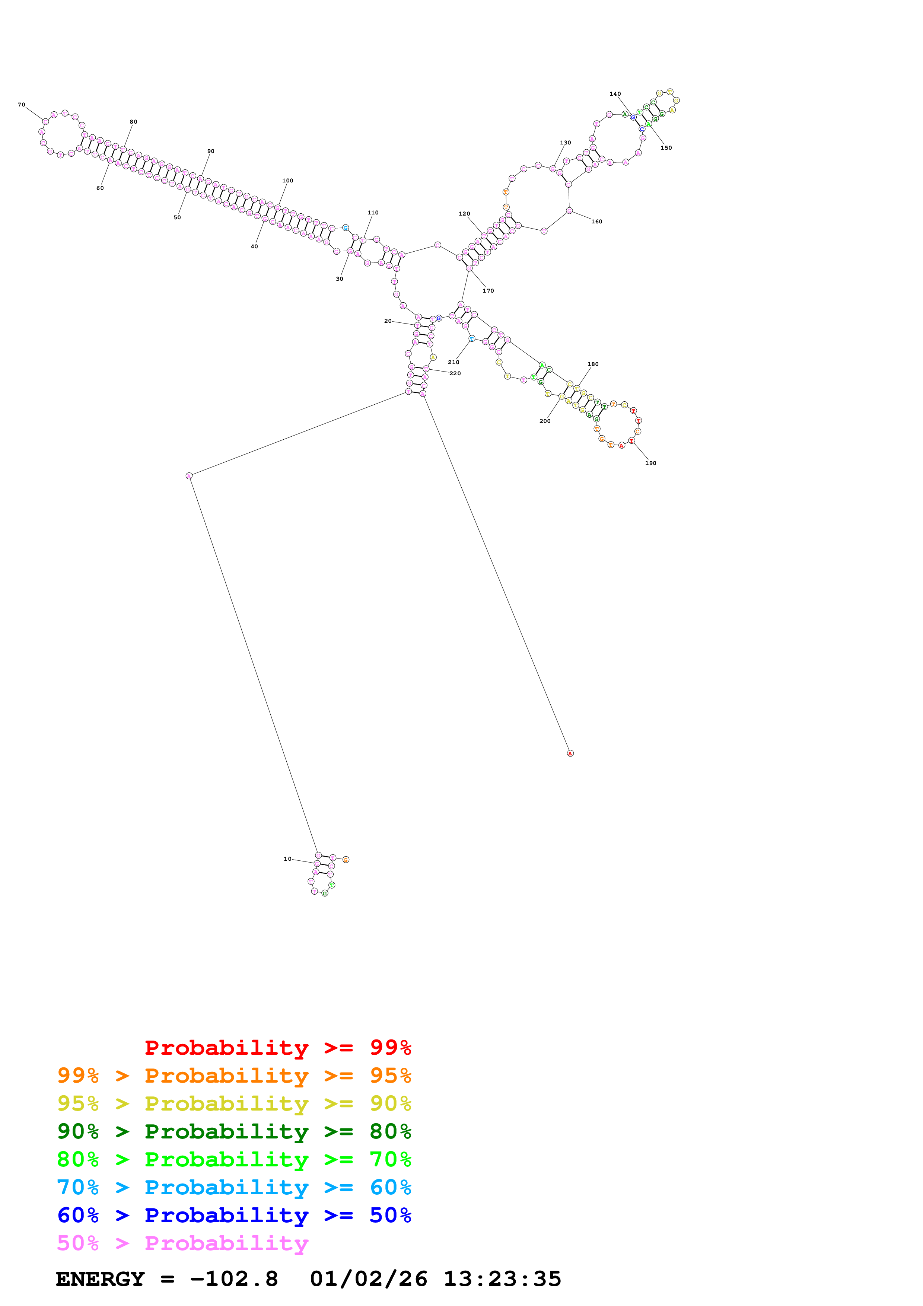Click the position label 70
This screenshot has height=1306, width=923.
tap(22, 105)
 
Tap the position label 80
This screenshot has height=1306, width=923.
tap(133, 122)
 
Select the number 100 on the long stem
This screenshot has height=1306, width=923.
tap(288, 181)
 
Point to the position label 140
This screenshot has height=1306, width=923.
tap(615, 94)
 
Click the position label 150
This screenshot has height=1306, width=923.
tap(666, 148)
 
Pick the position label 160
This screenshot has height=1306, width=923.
tap(596, 222)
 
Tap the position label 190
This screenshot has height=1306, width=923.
tap(650, 463)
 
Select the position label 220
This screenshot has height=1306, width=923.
tap(455, 374)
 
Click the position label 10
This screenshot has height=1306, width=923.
tap(287, 859)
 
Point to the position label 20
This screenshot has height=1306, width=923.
tap(388, 321)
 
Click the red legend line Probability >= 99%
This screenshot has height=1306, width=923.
tap(278, 1048)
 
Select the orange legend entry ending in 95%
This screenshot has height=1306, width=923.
tap(234, 1076)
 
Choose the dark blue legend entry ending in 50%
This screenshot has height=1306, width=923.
tap(234, 1215)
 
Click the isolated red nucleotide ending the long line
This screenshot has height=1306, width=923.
tap(570, 753)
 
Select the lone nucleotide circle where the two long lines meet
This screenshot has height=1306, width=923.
tap(189, 476)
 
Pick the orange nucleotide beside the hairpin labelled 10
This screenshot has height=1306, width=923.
tap(346, 860)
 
